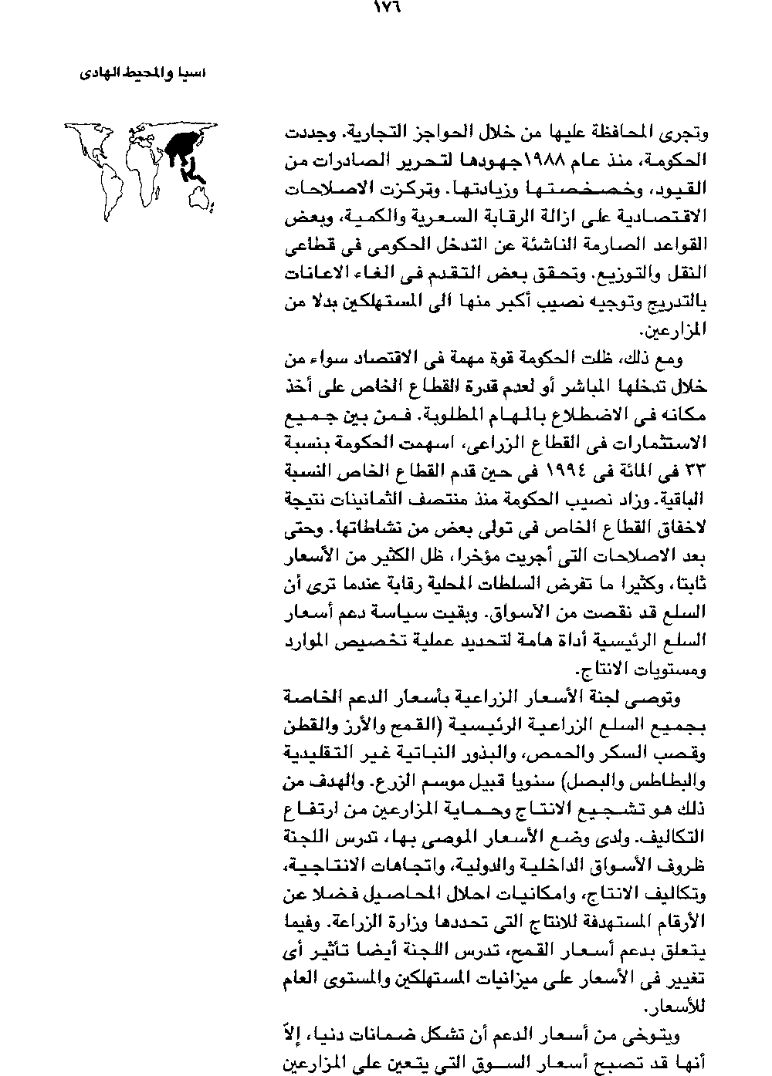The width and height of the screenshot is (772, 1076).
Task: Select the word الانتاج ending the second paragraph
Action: pyautogui.click(x=614, y=669)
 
